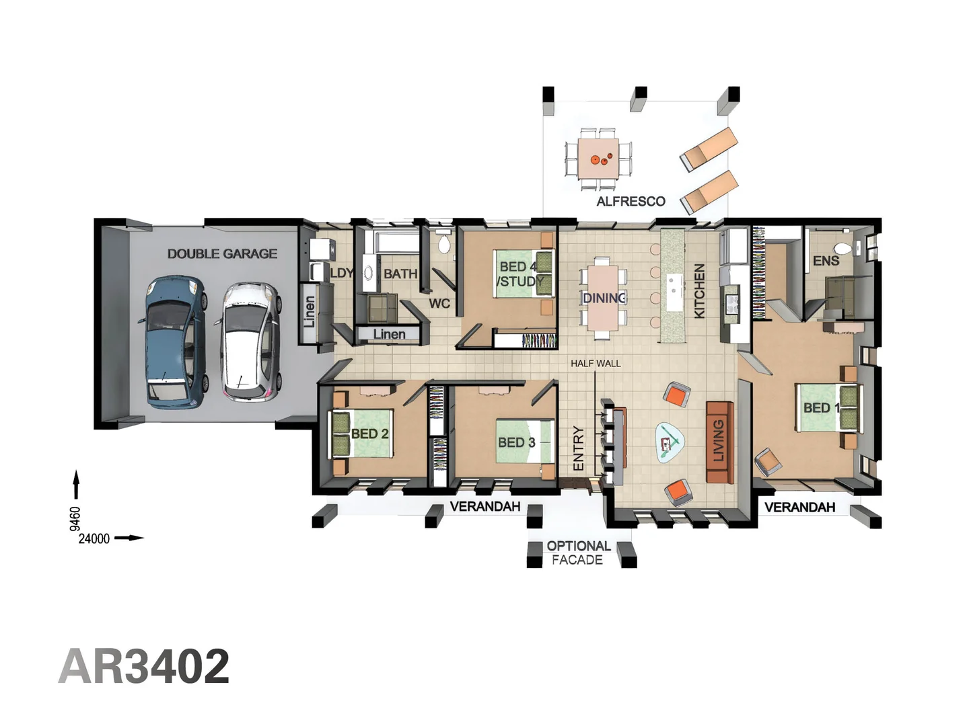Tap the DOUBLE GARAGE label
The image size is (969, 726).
click(x=222, y=254)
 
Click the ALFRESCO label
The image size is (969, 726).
click(x=631, y=202)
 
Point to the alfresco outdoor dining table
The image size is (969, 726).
click(x=598, y=159)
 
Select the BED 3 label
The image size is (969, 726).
click(x=516, y=442)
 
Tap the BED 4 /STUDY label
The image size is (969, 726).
click(x=519, y=274)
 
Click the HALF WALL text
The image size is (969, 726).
click(x=596, y=364)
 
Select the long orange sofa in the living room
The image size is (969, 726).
click(x=719, y=442)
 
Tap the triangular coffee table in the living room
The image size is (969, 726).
click(x=669, y=442)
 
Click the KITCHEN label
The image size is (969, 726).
click(x=699, y=291)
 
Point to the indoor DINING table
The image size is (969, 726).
click(x=603, y=298)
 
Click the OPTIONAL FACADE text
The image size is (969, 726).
click(x=578, y=553)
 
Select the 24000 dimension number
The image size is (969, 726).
click(x=94, y=538)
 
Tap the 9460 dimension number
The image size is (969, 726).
click(x=75, y=518)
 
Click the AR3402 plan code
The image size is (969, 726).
click(x=144, y=666)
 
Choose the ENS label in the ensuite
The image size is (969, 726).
click(x=826, y=261)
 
